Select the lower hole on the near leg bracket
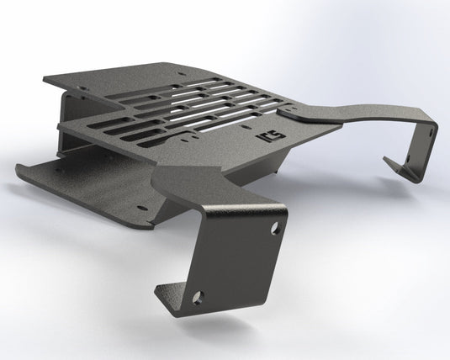(198, 296)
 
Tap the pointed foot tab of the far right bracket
(392, 161)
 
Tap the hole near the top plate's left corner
(84, 84)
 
